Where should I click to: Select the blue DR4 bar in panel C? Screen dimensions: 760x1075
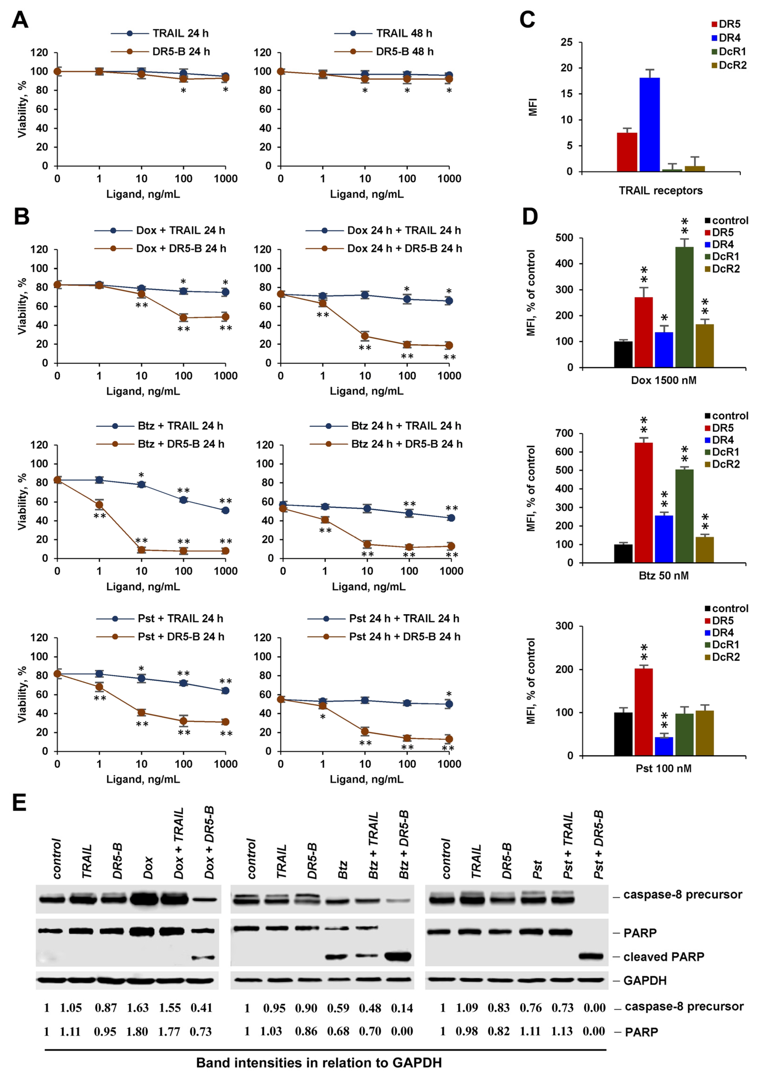click(x=649, y=125)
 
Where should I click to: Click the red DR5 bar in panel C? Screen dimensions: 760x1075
click(x=627, y=152)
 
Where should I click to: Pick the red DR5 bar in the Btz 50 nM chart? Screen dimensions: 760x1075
click(x=644, y=503)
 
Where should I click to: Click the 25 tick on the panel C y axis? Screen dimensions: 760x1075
click(x=567, y=42)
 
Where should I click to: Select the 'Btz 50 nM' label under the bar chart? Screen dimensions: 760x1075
click(x=664, y=575)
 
